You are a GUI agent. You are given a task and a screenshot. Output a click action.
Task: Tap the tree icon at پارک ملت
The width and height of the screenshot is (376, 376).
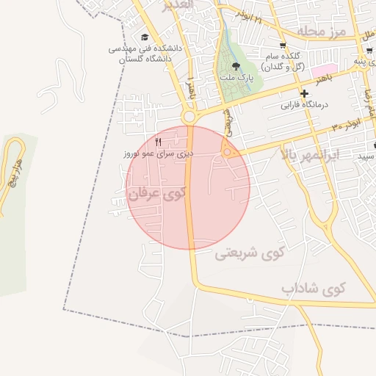(x=236, y=65)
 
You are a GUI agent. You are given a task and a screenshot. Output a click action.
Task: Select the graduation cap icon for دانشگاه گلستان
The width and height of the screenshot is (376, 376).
(x=144, y=37)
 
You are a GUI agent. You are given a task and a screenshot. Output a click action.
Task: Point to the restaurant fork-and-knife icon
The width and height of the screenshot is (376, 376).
(x=158, y=142)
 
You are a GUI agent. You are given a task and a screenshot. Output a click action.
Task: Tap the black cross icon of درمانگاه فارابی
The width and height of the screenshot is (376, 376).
(x=304, y=93)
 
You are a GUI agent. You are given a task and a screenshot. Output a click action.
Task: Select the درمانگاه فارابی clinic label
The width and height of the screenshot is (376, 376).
(x=304, y=104)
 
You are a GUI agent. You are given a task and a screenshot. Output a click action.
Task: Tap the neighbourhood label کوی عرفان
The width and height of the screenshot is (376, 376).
(x=157, y=194)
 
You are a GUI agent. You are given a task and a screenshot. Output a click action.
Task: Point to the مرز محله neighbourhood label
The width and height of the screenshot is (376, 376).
(x=321, y=32)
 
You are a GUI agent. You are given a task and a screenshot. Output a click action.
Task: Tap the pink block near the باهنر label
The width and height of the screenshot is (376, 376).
(x=322, y=71)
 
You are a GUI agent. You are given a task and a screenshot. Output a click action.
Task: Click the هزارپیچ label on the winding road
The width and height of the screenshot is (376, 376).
(x=15, y=172)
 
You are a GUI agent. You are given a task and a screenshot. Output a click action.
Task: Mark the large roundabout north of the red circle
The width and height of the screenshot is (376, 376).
(x=189, y=117)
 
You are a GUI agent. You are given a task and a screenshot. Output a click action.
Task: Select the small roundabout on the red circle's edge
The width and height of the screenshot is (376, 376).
(x=228, y=152)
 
